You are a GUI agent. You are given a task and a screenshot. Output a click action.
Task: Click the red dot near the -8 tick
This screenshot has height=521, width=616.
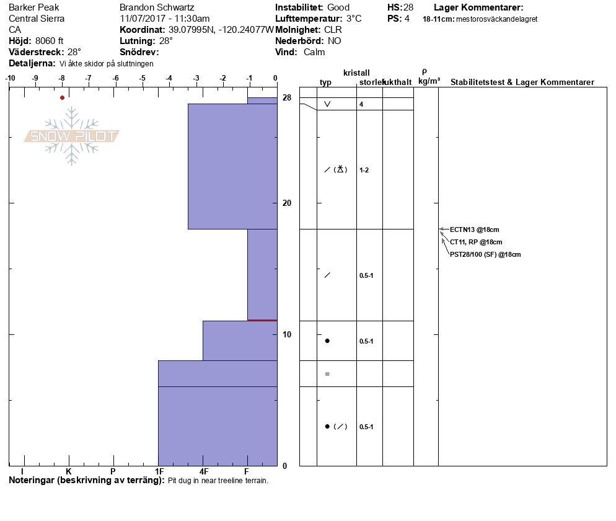pos(62,97)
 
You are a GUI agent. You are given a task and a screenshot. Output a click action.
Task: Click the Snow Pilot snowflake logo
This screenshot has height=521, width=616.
pos(72,136)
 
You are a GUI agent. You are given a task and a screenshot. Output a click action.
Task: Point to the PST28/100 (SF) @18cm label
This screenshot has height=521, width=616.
pos(485,254)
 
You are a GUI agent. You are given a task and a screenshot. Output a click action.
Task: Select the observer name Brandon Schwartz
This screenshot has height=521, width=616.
pos(157,7)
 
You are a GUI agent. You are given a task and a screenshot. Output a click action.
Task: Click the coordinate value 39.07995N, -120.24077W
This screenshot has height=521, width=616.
pos(221,30)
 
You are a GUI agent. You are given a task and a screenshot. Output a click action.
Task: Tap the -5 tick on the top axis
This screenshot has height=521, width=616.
pos(143,78)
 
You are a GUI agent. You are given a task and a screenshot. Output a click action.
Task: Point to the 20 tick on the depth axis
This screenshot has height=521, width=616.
pos(287,203)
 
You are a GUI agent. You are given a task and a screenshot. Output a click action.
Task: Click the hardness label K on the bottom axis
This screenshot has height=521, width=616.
pos(69,471)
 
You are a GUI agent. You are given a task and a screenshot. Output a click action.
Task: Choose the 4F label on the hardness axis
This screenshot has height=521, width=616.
pos(203,471)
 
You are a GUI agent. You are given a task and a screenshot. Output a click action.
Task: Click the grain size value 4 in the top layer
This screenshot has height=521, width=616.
pos(361,104)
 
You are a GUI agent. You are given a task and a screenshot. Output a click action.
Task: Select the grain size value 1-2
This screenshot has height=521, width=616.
pos(364,170)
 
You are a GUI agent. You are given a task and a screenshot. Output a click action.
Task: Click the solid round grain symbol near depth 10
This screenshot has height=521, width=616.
pos(327,341)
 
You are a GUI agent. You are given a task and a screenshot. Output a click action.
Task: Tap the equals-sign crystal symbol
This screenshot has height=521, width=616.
pos(327,374)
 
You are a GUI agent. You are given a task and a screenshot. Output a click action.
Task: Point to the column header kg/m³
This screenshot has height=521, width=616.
pos(429,81)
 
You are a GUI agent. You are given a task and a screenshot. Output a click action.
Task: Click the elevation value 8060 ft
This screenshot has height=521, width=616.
pos(50,41)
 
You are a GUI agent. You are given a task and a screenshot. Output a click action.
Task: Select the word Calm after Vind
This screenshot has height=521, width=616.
pos(315,52)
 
